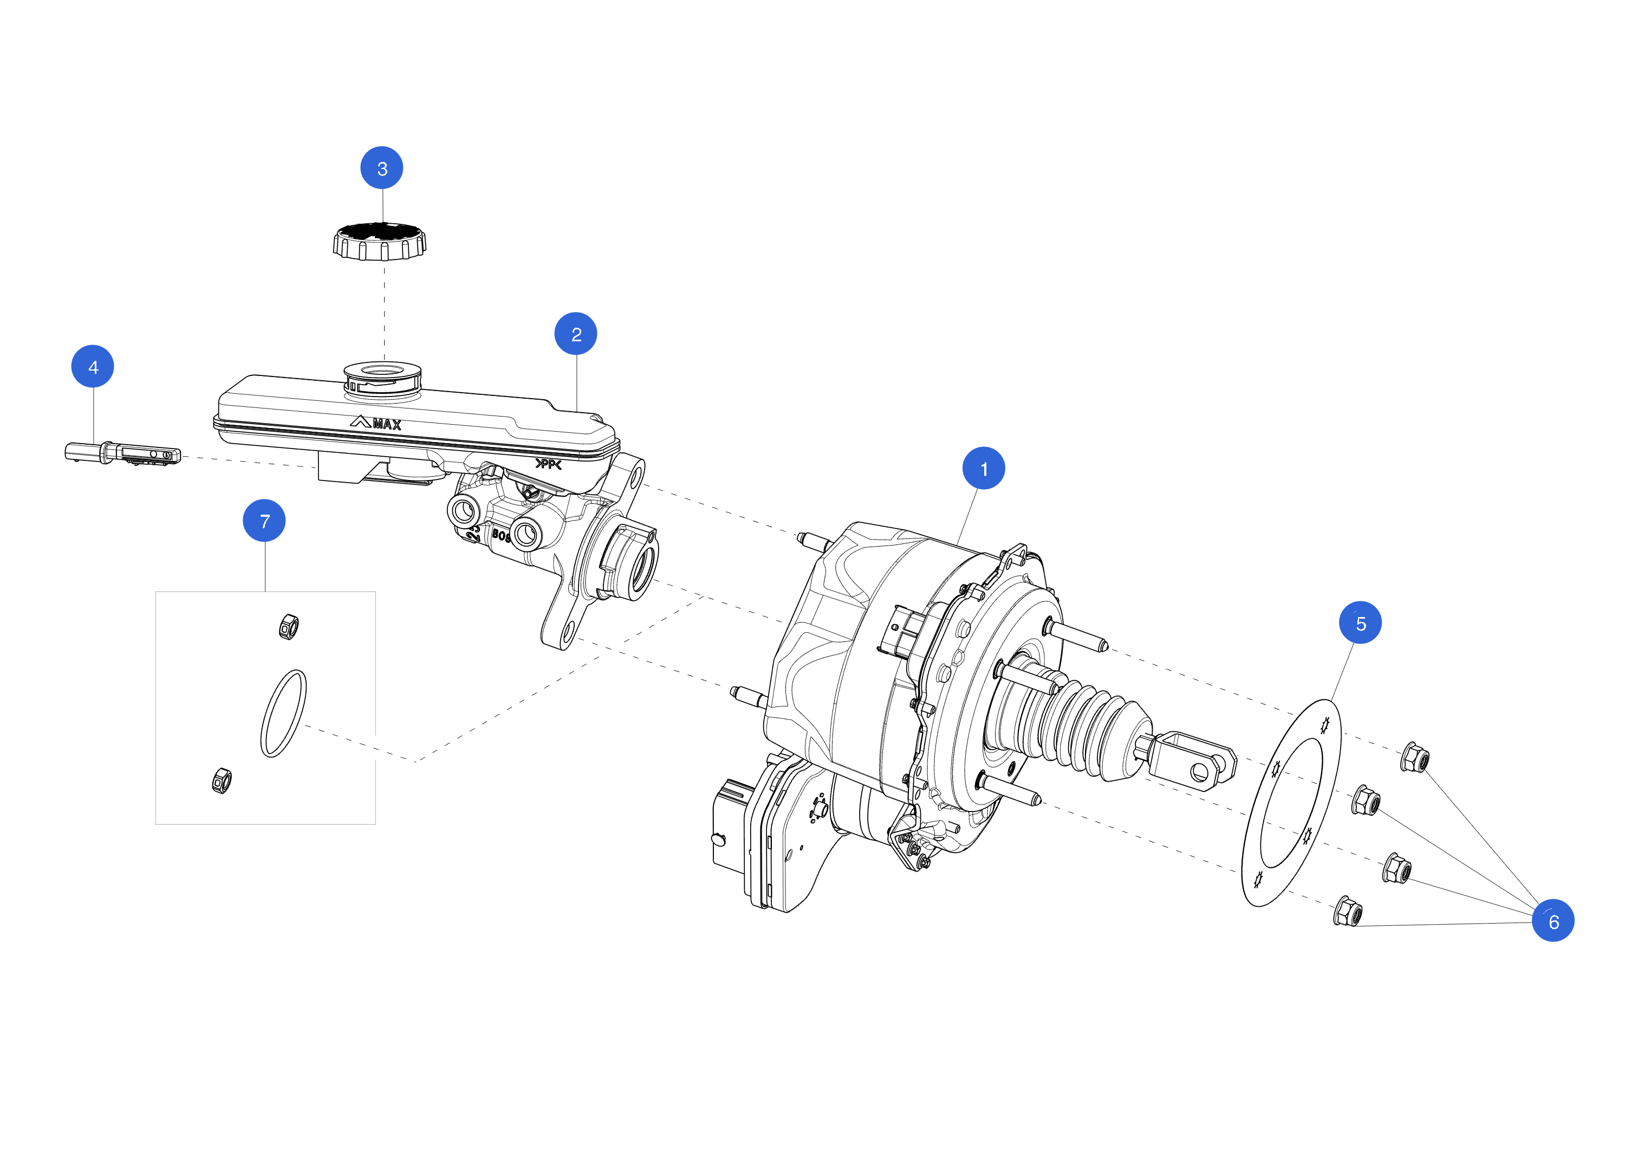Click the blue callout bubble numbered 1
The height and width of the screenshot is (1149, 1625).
click(983, 468)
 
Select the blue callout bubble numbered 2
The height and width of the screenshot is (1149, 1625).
click(575, 334)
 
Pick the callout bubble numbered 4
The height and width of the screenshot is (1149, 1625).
click(93, 366)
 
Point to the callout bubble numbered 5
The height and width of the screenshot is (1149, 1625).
click(1360, 622)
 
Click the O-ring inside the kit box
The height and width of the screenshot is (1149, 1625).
click(284, 713)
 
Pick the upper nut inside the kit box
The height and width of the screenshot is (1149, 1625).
click(289, 627)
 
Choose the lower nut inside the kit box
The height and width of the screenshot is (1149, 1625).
click(222, 780)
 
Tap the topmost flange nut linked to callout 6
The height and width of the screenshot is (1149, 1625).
click(1415, 758)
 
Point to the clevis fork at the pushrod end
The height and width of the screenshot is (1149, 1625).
click(1196, 758)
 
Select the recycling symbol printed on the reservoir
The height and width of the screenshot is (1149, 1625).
click(548, 464)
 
